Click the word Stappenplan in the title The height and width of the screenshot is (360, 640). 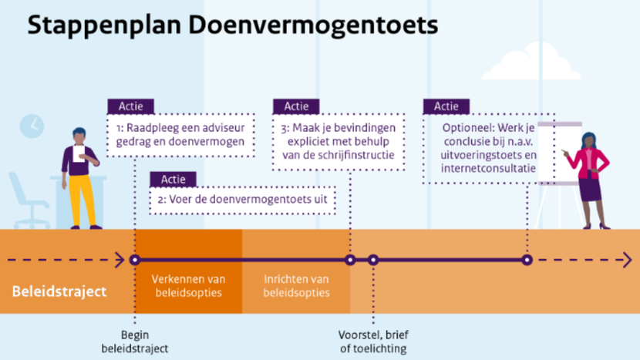coord(104,25)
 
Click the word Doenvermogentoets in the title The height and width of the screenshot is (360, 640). coord(313,25)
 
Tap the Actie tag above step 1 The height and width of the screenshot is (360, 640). coord(130,106)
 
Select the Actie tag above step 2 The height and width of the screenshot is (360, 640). coord(173,179)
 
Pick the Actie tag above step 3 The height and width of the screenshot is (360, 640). coord(296,106)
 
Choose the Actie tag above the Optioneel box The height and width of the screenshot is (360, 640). coord(446,106)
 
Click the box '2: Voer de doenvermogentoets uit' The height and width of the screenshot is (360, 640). coord(242,200)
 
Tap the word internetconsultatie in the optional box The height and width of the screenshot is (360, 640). coord(488,168)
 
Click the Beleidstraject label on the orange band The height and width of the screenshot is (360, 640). coord(59,291)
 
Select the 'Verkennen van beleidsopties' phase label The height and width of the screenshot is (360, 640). coord(189,286)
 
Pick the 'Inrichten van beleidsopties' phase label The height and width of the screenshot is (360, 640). coord(296,286)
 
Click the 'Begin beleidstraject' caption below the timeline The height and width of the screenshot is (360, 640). coord(135,341)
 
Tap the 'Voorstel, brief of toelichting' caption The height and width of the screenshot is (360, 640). coord(373,341)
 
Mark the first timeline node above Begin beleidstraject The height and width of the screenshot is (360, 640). coord(135,260)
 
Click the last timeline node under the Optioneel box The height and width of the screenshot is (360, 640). coord(527,260)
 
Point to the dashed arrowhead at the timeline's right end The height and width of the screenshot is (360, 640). coord(627,260)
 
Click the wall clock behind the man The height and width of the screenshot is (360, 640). coord(32,126)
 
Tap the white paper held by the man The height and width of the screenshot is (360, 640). coord(79,153)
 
